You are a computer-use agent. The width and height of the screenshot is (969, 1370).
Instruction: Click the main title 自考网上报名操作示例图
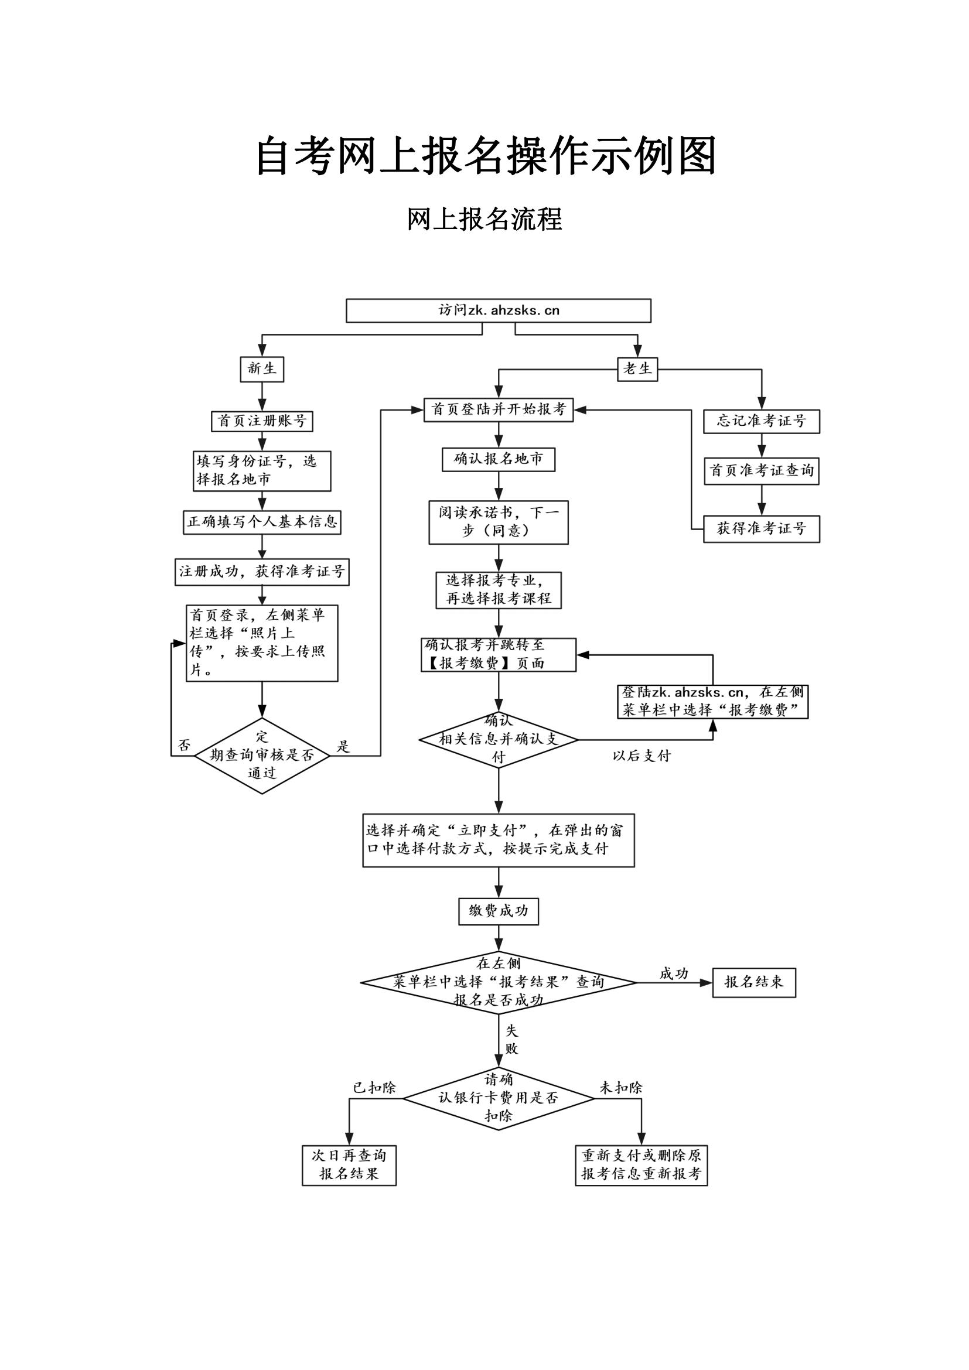485,156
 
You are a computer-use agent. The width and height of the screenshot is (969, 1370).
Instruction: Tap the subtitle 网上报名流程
484,219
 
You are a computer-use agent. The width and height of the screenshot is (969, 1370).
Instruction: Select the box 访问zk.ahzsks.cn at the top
498,310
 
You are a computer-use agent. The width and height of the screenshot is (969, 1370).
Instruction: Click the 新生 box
262,369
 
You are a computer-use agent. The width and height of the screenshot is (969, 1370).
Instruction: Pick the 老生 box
637,369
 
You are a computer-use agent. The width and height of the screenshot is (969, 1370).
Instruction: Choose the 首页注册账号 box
262,421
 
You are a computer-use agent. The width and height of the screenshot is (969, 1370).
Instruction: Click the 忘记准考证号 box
762,421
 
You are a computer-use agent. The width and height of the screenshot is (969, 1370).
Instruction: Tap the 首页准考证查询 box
762,471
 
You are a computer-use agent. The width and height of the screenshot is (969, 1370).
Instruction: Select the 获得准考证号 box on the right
762,529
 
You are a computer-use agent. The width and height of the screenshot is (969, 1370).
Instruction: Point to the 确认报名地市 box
498,459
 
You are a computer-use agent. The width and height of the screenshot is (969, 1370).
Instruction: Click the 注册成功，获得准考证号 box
262,572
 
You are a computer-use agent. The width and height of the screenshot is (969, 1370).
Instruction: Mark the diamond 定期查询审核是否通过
262,756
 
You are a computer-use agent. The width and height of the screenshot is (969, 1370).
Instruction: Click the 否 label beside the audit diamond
185,745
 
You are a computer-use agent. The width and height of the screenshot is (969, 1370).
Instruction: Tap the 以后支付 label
642,756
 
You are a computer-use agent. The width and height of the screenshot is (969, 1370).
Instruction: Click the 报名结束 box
753,982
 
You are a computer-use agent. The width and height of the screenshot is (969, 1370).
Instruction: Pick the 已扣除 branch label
374,1088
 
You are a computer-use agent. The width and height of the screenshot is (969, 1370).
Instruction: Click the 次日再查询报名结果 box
349,1164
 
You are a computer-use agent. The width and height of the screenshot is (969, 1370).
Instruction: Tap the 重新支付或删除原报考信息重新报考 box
641,1164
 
